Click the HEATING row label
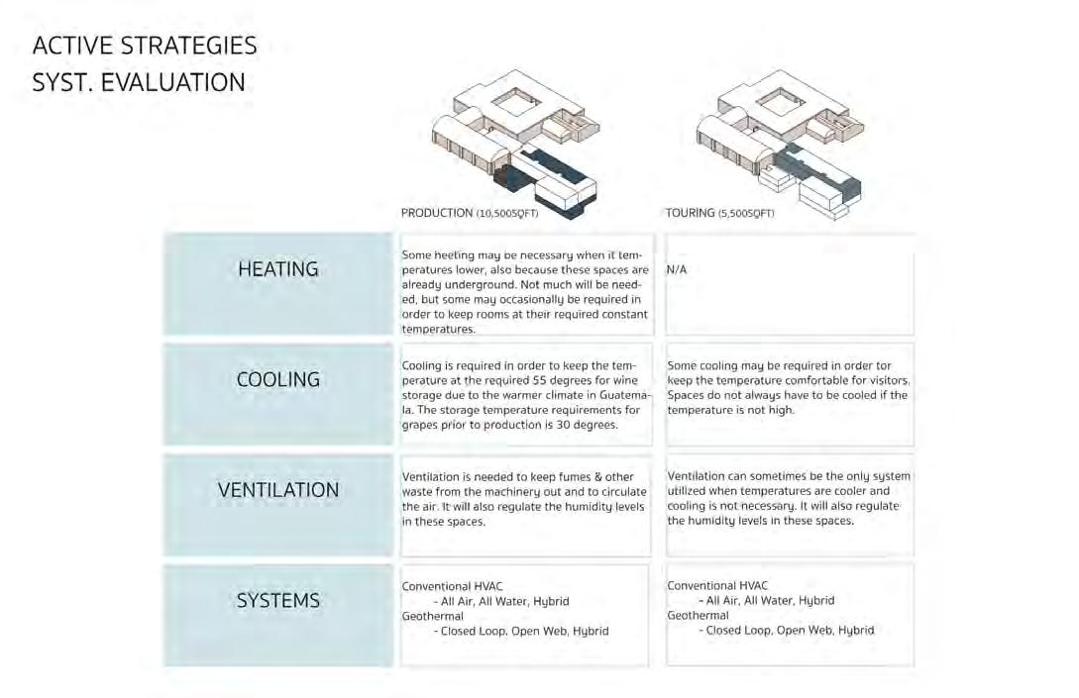point(278,269)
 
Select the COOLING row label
point(278,379)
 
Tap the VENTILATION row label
point(278,490)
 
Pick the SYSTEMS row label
point(278,601)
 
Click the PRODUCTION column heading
point(437,213)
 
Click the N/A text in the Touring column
point(677,269)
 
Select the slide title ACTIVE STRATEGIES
point(145,46)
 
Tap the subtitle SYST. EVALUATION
point(139,82)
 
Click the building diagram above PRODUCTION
point(525,144)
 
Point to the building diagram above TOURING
point(783,144)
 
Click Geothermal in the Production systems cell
point(433,616)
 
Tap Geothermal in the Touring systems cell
point(699,616)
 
